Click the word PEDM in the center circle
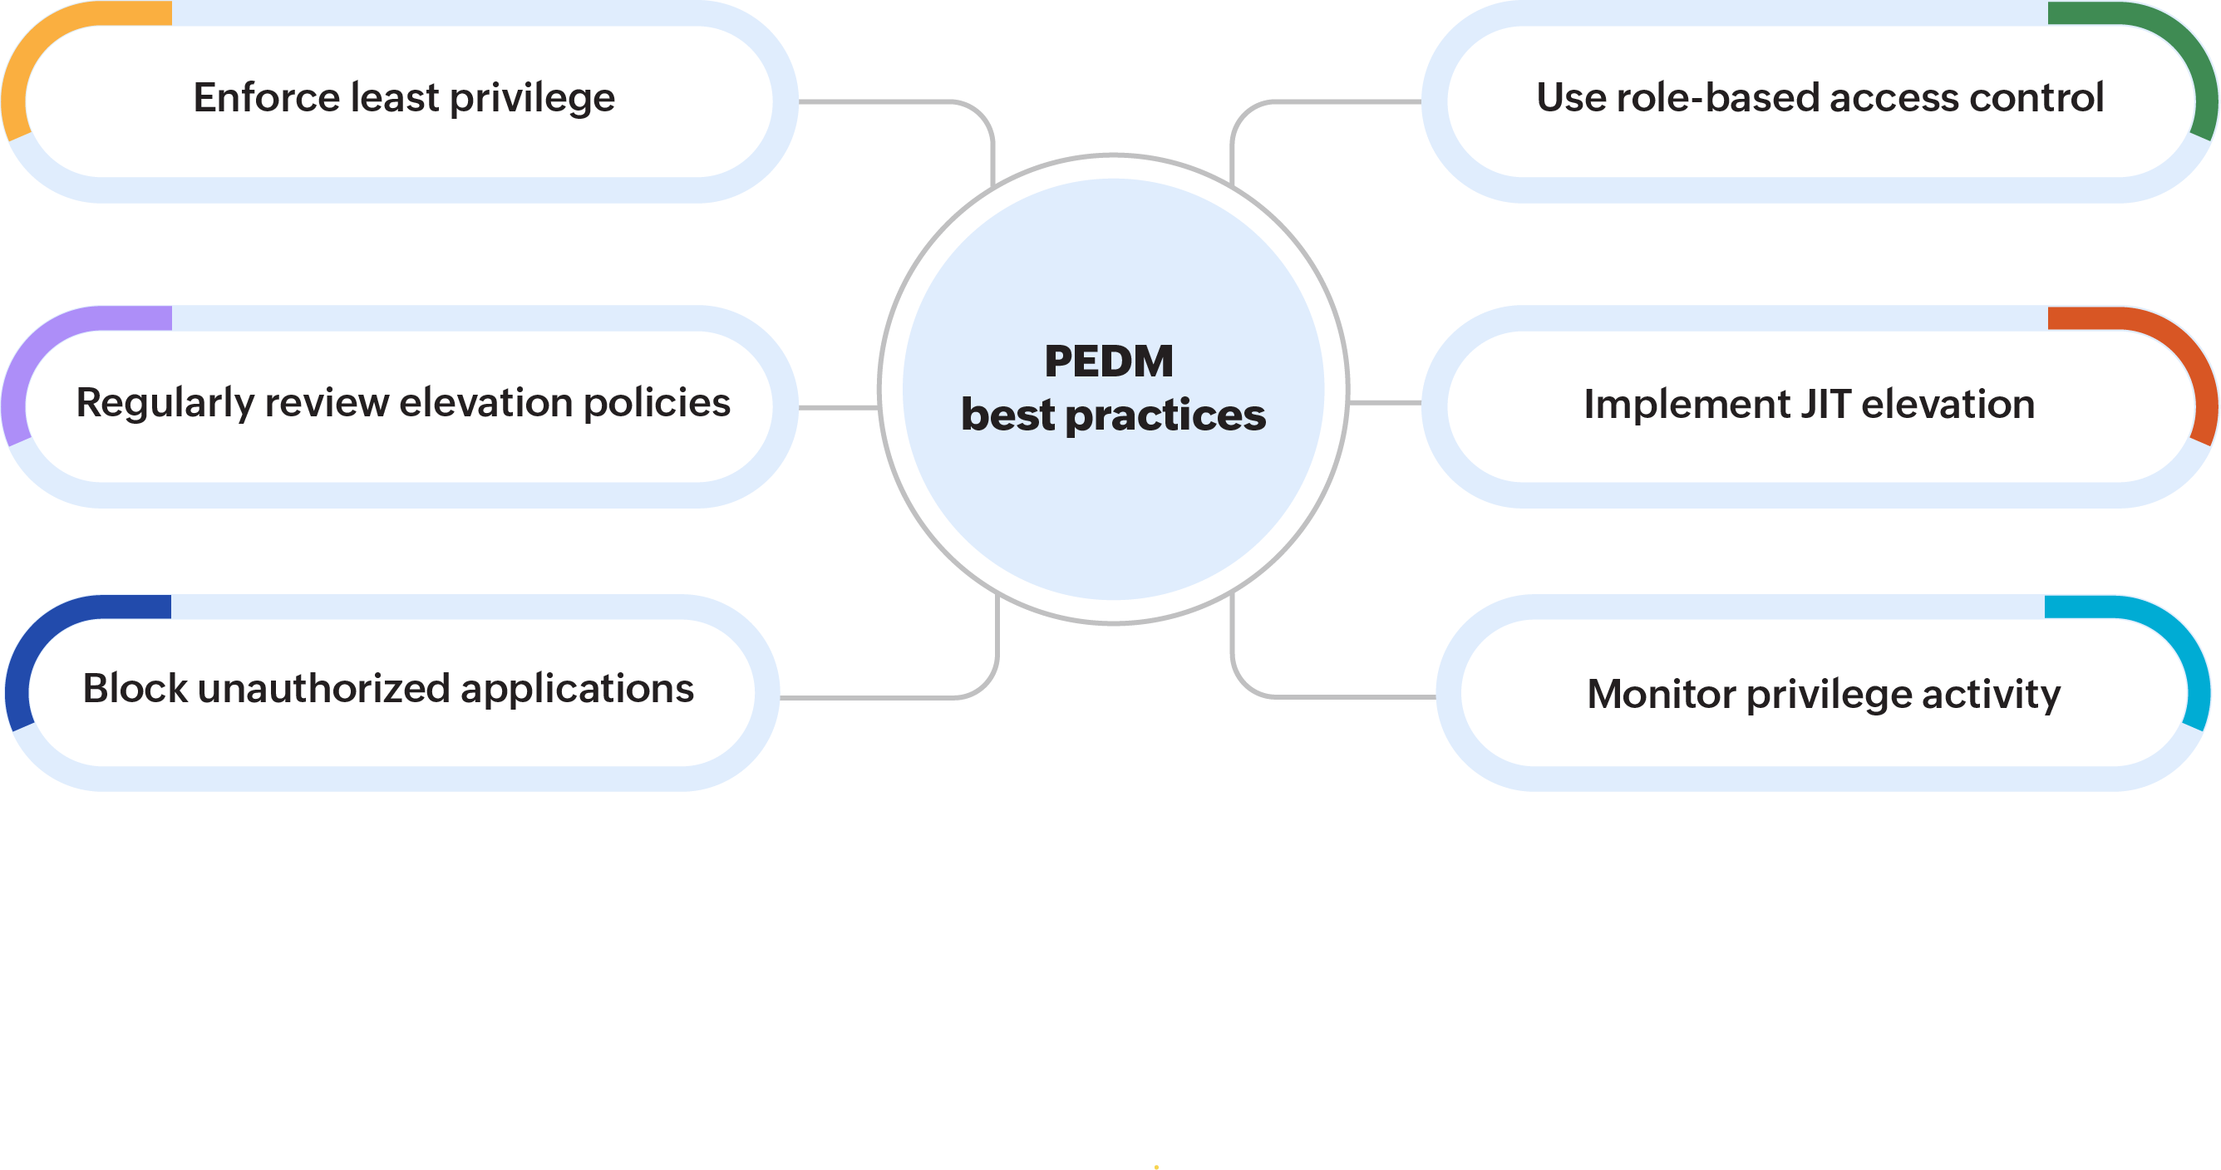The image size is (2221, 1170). [1109, 361]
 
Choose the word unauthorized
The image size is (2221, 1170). [323, 688]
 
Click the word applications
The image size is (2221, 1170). [577, 690]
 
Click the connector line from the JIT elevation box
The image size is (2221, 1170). [1385, 403]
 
